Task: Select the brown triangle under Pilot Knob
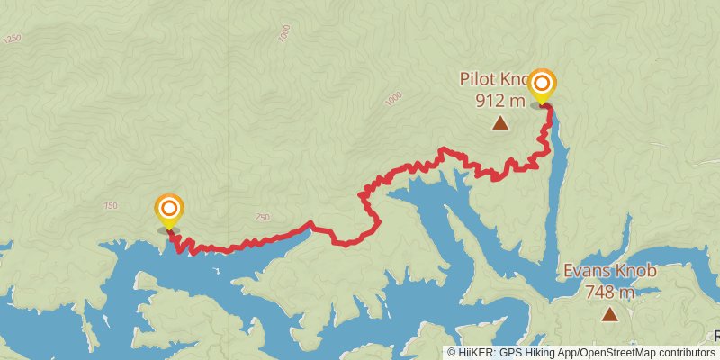click(499, 122)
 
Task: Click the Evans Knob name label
click(610, 271)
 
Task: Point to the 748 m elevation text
click(609, 292)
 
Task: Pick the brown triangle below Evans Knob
click(610, 314)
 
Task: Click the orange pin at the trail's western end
click(168, 211)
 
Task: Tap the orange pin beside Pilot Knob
click(542, 85)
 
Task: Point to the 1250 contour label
click(12, 39)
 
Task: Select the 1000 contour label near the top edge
click(284, 33)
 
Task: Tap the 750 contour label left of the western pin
click(111, 206)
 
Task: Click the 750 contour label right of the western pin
click(262, 217)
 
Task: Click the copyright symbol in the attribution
click(452, 353)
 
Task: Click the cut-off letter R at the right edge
click(716, 335)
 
